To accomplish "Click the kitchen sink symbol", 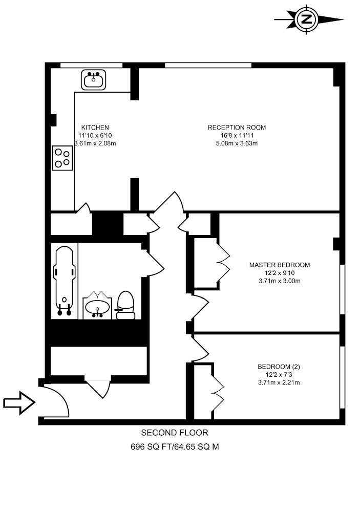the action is (93, 80).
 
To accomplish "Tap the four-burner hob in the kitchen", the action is (62, 158).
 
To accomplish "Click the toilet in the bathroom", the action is (126, 305).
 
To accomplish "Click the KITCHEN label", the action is (95, 127).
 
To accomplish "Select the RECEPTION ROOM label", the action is (237, 127).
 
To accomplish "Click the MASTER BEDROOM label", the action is (280, 265).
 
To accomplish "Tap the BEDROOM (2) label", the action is (279, 367).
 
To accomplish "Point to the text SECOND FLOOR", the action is (175, 433).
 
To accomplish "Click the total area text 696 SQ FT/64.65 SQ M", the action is (175, 446).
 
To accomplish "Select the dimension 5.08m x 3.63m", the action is (237, 143).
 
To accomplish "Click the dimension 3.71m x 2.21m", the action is (279, 382).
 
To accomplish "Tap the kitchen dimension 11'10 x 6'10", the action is (95, 135).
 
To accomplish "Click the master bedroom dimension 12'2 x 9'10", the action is (280, 273).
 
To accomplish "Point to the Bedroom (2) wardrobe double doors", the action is (218, 390).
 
